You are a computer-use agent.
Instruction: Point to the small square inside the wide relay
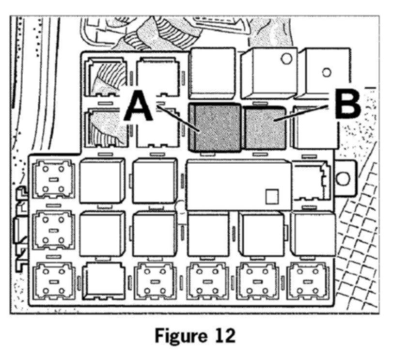272,196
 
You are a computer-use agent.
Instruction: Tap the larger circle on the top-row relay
286,59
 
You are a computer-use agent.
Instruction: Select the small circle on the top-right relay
327,73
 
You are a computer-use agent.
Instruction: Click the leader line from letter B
303,112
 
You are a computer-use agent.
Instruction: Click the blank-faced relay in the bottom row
103,281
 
